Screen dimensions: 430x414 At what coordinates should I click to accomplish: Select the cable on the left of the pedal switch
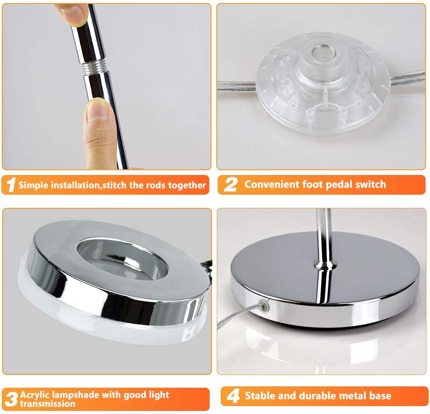point(237,86)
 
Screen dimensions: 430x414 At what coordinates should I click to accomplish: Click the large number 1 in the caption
point(11,185)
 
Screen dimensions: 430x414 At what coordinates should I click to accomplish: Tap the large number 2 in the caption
point(230,184)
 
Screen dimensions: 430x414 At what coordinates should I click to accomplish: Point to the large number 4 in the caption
point(233,396)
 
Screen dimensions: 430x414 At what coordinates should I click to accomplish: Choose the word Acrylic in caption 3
point(35,395)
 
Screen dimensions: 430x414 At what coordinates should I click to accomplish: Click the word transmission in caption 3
point(47,403)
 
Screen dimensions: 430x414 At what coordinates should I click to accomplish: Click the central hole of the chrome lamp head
point(122,259)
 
